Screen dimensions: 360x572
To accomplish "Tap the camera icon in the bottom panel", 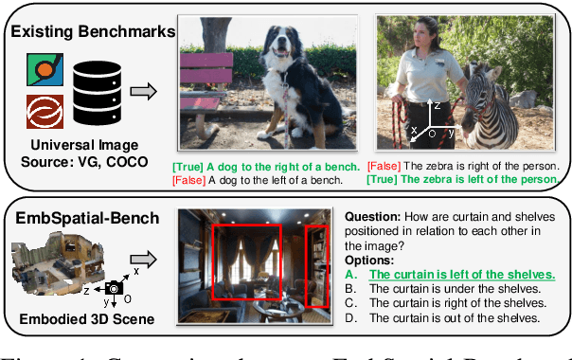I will [x=115, y=286].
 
